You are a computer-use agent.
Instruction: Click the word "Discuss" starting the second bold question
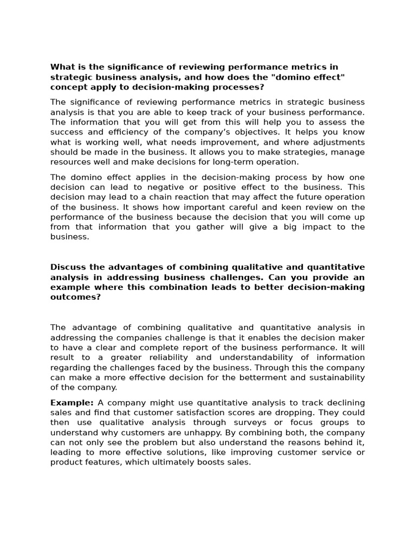(x=68, y=267)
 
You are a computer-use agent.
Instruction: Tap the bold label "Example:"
(x=71, y=403)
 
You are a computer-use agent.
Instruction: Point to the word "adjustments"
(x=339, y=142)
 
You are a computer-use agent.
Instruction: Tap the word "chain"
(x=153, y=197)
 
